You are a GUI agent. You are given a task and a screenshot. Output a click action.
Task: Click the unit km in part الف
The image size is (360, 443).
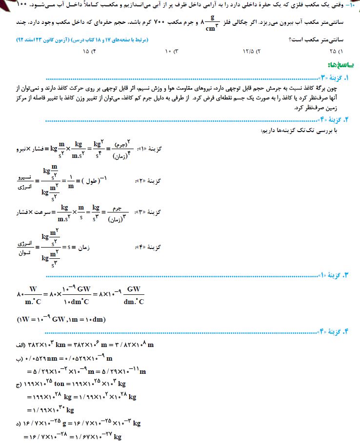coord(66,345)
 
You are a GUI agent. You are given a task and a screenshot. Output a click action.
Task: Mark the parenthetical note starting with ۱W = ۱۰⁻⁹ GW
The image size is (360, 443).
coord(61,319)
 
